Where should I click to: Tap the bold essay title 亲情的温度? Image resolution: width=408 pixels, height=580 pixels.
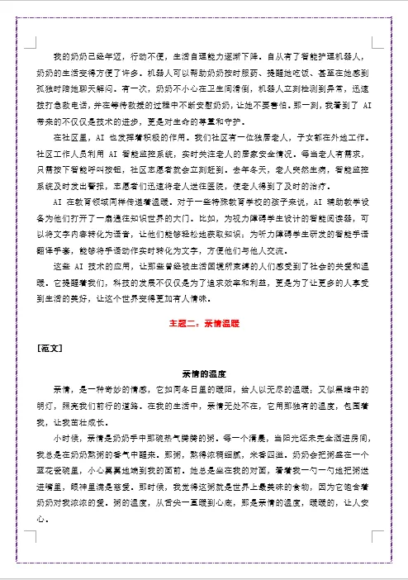coord(204,373)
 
